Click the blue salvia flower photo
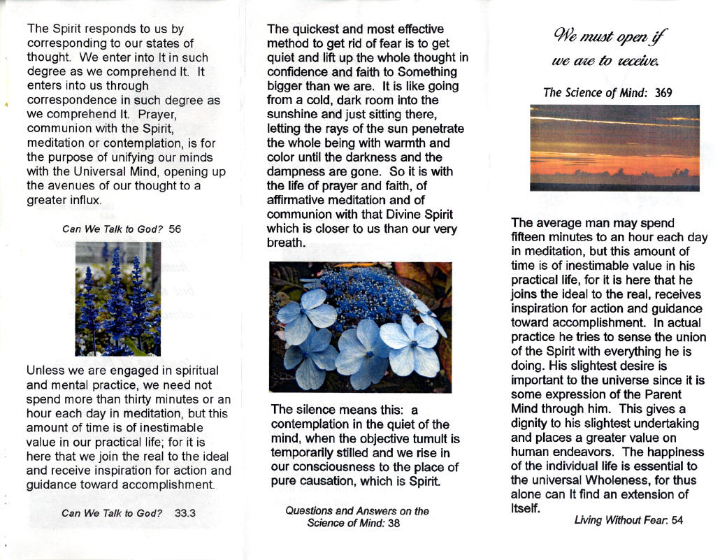pyautogui.click(x=117, y=299)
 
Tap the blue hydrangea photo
pyautogui.click(x=360, y=326)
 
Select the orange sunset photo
pyautogui.click(x=614, y=148)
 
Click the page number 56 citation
pyautogui.click(x=175, y=229)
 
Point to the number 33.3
pyautogui.click(x=185, y=512)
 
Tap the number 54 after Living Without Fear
pyautogui.click(x=676, y=520)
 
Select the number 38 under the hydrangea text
pyautogui.click(x=394, y=524)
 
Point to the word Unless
pyautogui.click(x=44, y=371)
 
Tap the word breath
pyautogui.click(x=286, y=243)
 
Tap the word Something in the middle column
pyautogui.click(x=426, y=72)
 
